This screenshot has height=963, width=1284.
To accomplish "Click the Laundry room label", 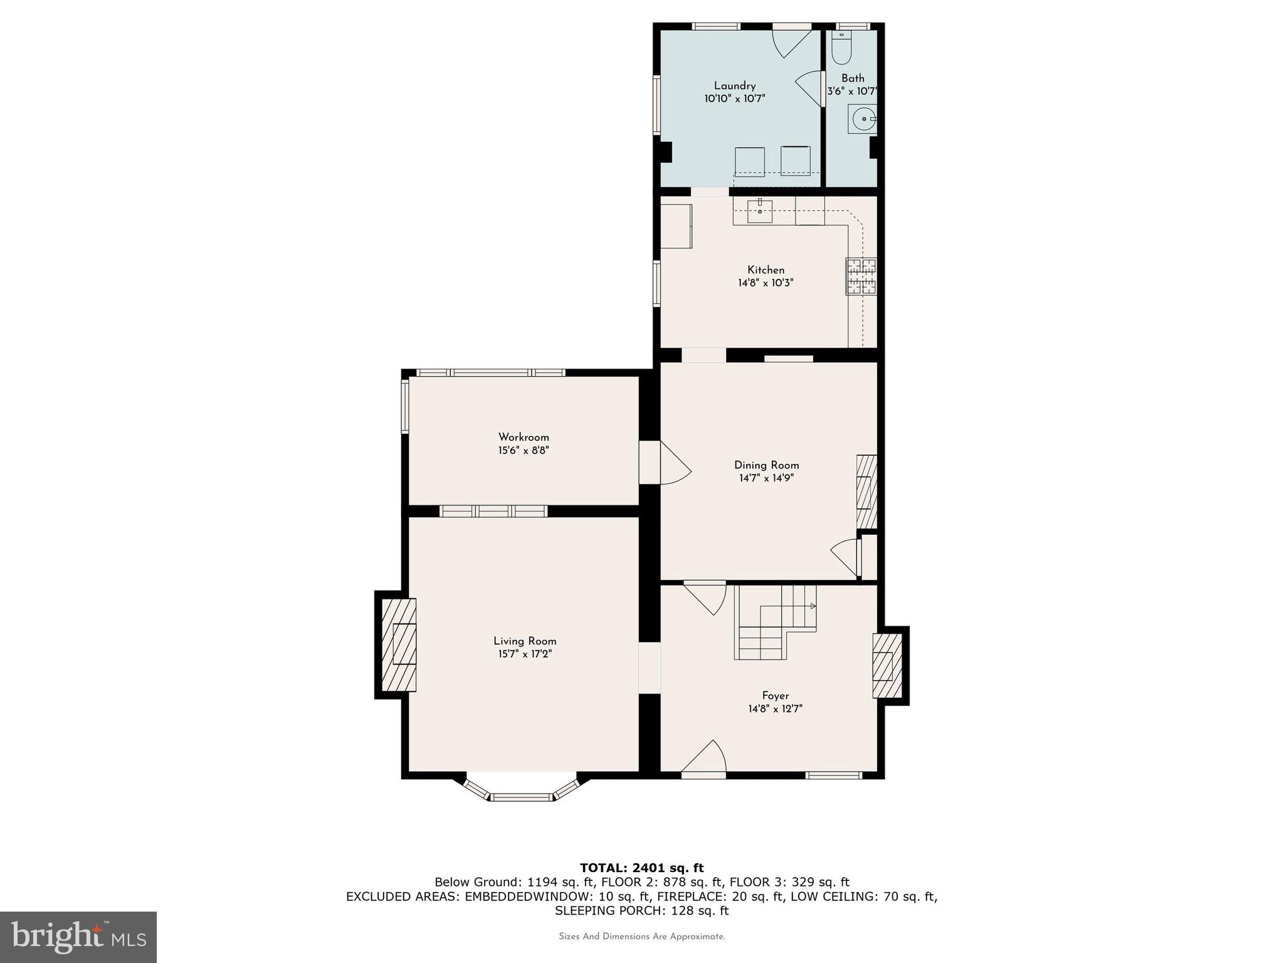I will (x=735, y=86).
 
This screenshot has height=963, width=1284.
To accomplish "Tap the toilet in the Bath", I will (x=841, y=48).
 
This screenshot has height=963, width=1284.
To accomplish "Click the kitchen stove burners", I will (x=861, y=276).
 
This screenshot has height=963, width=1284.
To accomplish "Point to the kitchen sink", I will (x=759, y=211).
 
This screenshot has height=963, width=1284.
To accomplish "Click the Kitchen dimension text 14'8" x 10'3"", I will (x=766, y=283).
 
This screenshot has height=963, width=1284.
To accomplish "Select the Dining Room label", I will (x=766, y=465).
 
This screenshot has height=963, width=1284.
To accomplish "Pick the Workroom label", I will (x=524, y=438).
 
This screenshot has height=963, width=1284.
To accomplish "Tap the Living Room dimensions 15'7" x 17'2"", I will (x=525, y=654).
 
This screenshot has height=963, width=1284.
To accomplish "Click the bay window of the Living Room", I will (x=522, y=793).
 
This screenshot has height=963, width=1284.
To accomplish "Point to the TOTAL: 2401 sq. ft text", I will (x=641, y=868).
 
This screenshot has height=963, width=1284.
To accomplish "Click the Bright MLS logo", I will (x=78, y=937).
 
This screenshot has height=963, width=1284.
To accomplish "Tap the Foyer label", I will (x=775, y=696).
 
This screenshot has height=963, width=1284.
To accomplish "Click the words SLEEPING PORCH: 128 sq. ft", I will (x=641, y=910).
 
